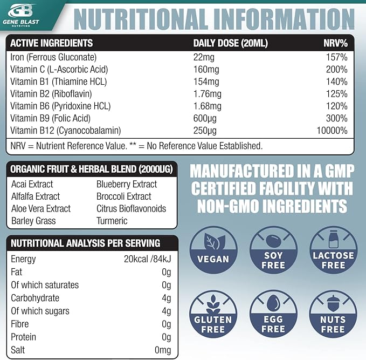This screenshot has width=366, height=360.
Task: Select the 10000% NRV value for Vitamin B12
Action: [x=332, y=130]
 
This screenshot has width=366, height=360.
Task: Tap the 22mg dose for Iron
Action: [x=202, y=57]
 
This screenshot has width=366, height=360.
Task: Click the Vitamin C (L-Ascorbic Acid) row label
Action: [x=59, y=69]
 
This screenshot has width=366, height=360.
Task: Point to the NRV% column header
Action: [x=335, y=43]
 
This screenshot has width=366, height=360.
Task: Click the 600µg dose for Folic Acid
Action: [x=204, y=118]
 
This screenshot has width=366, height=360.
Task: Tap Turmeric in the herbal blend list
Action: [x=112, y=221]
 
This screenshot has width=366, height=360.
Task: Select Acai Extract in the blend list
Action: [x=32, y=184]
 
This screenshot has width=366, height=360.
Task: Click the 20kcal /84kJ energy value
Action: [x=147, y=259]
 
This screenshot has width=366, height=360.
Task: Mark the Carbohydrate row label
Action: [x=35, y=298]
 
